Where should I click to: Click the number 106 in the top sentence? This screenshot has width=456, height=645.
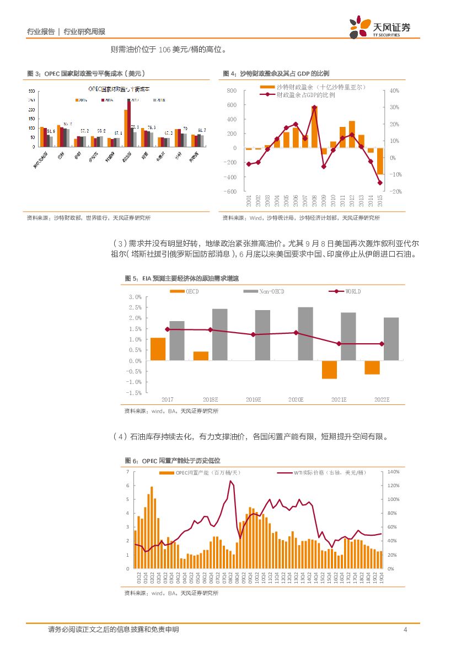click(164, 50)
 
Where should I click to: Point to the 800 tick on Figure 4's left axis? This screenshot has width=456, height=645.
click(231, 90)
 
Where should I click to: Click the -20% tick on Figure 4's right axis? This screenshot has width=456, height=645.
click(395, 191)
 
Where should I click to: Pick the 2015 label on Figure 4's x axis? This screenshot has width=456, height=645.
click(380, 200)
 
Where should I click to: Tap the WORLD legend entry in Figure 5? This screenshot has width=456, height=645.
click(353, 291)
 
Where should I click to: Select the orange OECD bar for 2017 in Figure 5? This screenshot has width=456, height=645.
click(158, 349)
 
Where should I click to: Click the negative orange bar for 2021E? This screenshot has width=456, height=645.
click(329, 370)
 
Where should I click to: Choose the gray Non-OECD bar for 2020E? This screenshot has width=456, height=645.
click(305, 334)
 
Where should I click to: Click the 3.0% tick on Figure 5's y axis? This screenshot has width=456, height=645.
click(135, 297)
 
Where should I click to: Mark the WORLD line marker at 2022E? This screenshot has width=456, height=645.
click(382, 344)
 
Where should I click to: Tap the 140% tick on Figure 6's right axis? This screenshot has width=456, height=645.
click(393, 472)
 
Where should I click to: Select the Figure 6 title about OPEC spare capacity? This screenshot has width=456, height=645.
click(173, 461)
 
